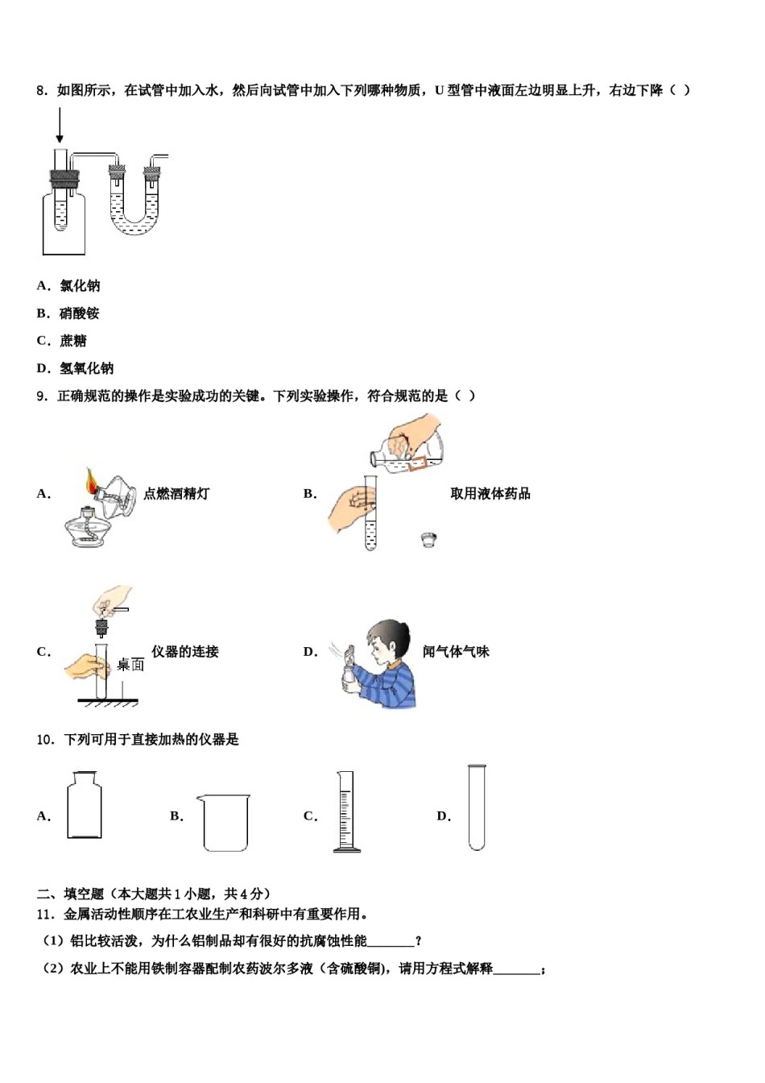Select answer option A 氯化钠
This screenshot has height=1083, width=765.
(69, 286)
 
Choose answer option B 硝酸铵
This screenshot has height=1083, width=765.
(68, 313)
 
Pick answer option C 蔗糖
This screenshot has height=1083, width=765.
(62, 341)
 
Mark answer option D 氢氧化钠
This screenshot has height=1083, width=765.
(76, 368)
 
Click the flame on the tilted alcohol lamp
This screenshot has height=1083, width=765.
(90, 482)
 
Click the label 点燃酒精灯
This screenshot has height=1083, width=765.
(176, 494)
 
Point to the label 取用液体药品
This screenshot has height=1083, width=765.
(490, 494)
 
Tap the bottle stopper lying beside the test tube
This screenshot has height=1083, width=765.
(429, 540)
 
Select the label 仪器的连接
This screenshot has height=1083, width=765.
(185, 652)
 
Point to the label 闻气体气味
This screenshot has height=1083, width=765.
(456, 652)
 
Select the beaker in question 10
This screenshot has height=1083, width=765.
(225, 823)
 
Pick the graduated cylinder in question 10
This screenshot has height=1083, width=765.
(345, 811)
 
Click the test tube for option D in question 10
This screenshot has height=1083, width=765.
(477, 807)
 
